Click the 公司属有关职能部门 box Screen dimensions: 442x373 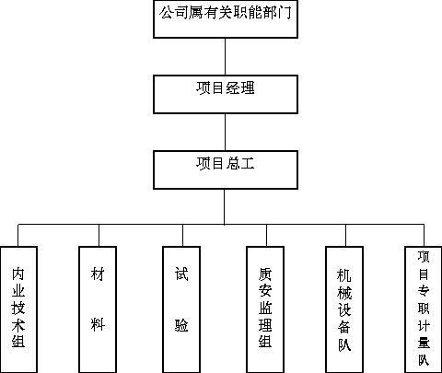(226, 19)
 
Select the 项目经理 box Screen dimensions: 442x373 (226, 94)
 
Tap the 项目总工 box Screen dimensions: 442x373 (226, 169)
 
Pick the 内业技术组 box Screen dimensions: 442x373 (18, 309)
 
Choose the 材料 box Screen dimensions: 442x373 (98, 309)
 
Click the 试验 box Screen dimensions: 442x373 (181, 309)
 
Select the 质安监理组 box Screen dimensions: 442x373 (265, 309)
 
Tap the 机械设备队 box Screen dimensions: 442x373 (344, 309)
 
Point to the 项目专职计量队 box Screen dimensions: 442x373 (424, 309)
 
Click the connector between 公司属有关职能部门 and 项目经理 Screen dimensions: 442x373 (225, 56)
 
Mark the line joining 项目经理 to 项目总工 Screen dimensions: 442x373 (225, 132)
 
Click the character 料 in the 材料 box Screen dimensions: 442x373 (98, 324)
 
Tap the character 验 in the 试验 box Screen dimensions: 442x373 (181, 325)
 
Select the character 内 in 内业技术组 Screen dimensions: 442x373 (18, 274)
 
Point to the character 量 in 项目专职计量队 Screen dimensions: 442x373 (424, 343)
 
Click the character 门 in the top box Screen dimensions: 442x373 (284, 13)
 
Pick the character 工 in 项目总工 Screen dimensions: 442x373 (248, 163)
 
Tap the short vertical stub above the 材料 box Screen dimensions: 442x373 (99, 235)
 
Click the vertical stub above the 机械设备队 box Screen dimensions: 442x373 (345, 235)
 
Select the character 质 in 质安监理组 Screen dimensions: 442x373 (265, 274)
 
